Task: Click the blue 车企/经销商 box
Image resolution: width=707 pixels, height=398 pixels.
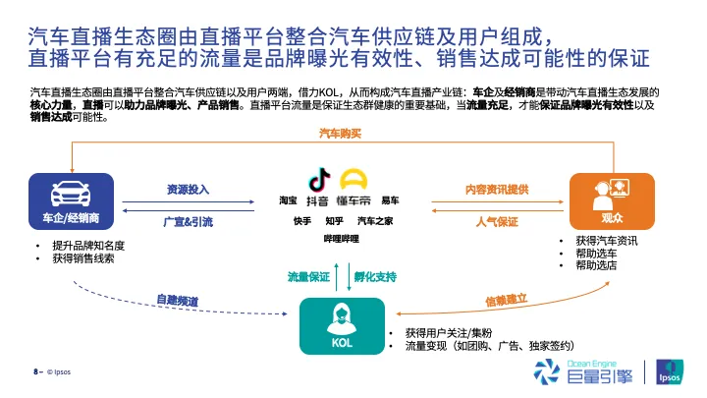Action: point(72,201)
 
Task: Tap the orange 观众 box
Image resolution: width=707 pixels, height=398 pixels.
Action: point(612,201)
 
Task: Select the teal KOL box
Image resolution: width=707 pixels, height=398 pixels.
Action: point(343,326)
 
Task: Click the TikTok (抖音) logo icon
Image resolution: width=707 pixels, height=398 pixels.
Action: point(319,179)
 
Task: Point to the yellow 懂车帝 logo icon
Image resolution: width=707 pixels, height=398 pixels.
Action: point(353,179)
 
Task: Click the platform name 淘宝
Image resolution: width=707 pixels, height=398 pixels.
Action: point(288,200)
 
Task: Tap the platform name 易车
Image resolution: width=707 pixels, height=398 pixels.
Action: point(390,200)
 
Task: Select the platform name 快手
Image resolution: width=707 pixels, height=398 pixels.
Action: point(302,221)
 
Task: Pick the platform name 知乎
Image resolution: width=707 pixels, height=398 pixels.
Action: point(334,221)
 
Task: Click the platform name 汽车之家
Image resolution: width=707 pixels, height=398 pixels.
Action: point(375,221)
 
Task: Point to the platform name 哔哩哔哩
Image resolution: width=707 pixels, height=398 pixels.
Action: point(342,239)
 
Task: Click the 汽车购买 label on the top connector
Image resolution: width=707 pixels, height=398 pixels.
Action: point(341,134)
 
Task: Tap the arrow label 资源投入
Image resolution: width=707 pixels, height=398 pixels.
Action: point(188,190)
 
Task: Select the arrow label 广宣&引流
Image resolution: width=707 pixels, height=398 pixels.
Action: point(188,222)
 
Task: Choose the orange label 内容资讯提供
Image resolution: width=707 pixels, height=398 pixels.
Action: point(497,190)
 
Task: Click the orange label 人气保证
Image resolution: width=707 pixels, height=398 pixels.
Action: point(497,222)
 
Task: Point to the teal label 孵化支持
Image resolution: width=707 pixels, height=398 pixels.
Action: point(375,276)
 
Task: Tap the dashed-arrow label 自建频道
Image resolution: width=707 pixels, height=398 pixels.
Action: point(177,300)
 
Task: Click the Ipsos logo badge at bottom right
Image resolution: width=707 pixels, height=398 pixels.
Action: point(670,371)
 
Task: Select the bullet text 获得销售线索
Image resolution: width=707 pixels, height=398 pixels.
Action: point(83,258)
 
